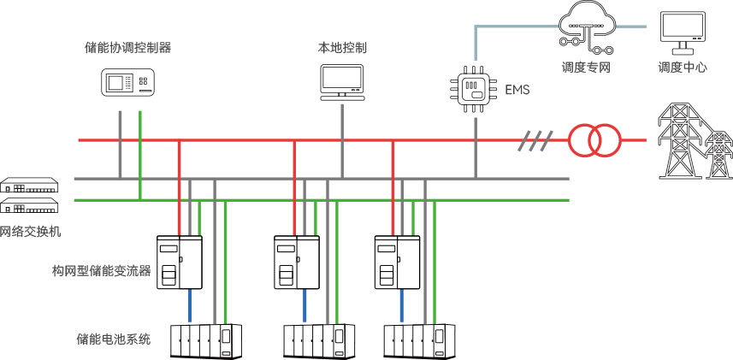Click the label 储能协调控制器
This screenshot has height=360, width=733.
click(128, 48)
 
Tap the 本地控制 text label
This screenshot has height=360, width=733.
click(343, 48)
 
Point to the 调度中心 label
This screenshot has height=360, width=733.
click(682, 68)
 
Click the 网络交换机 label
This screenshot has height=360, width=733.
click(30, 232)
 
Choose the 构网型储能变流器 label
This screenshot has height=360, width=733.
click(101, 271)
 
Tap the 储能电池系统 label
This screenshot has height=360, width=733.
click(113, 339)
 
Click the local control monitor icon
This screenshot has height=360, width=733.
click(343, 81)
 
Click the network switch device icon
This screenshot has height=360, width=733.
click(30, 197)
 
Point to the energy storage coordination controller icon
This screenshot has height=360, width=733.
click(128, 83)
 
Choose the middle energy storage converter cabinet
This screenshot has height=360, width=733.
click(297, 262)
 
